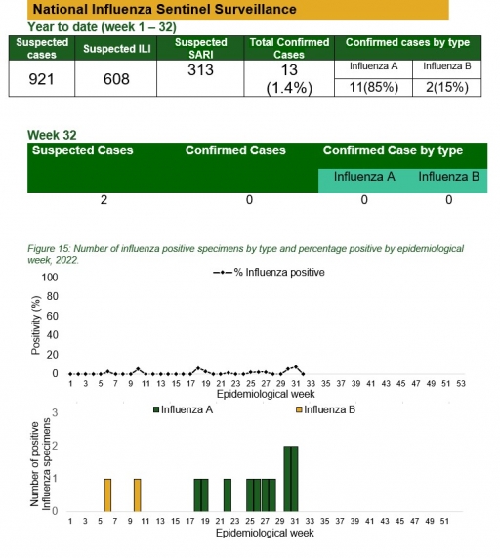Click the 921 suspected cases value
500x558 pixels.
pyautogui.click(x=42, y=79)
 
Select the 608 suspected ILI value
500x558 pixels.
pyautogui.click(x=116, y=79)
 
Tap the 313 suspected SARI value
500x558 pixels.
pyautogui.click(x=200, y=70)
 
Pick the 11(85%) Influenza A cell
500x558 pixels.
pyautogui.click(x=373, y=88)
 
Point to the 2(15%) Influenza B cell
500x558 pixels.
pyautogui.click(x=447, y=88)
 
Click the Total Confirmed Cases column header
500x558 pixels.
pyautogui.click(x=289, y=48)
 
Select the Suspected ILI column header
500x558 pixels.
pyautogui.click(x=116, y=49)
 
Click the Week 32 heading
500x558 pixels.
pyautogui.click(x=52, y=135)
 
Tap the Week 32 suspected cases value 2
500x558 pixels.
pyautogui.click(x=104, y=200)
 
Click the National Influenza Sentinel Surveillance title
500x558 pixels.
pyautogui.click(x=165, y=9)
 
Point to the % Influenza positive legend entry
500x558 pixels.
pyautogui.click(x=269, y=273)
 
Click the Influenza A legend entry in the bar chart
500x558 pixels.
pyautogui.click(x=184, y=409)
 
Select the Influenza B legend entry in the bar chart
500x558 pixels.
pyautogui.click(x=326, y=409)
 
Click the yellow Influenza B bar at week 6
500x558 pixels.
pyautogui.click(x=107, y=495)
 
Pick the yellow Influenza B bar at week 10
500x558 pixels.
pyautogui.click(x=138, y=495)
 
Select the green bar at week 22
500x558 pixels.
pyautogui.click(x=228, y=495)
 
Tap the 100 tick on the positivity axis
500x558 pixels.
pyautogui.click(x=50, y=278)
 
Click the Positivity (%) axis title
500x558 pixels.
pyautogui.click(x=35, y=325)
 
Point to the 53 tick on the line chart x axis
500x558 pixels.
pyautogui.click(x=461, y=384)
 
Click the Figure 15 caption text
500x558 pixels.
pyautogui.click(x=246, y=254)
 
